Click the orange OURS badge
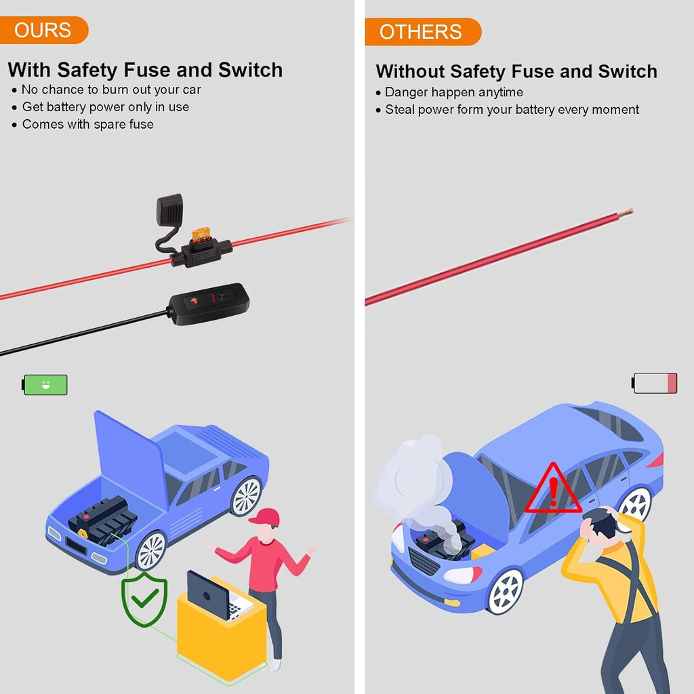coord(43,30)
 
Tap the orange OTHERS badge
coord(423,32)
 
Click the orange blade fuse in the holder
coord(201,235)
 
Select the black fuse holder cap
coord(169,209)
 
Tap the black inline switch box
coord(209,304)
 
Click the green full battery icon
coord(45,385)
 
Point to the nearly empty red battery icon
coord(654,383)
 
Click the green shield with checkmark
coord(144,600)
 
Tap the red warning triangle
coord(553,489)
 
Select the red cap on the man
coord(266,516)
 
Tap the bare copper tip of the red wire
coord(626,213)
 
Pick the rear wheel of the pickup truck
coord(245,496)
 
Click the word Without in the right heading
coord(411,71)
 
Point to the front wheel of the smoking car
coord(505,592)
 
